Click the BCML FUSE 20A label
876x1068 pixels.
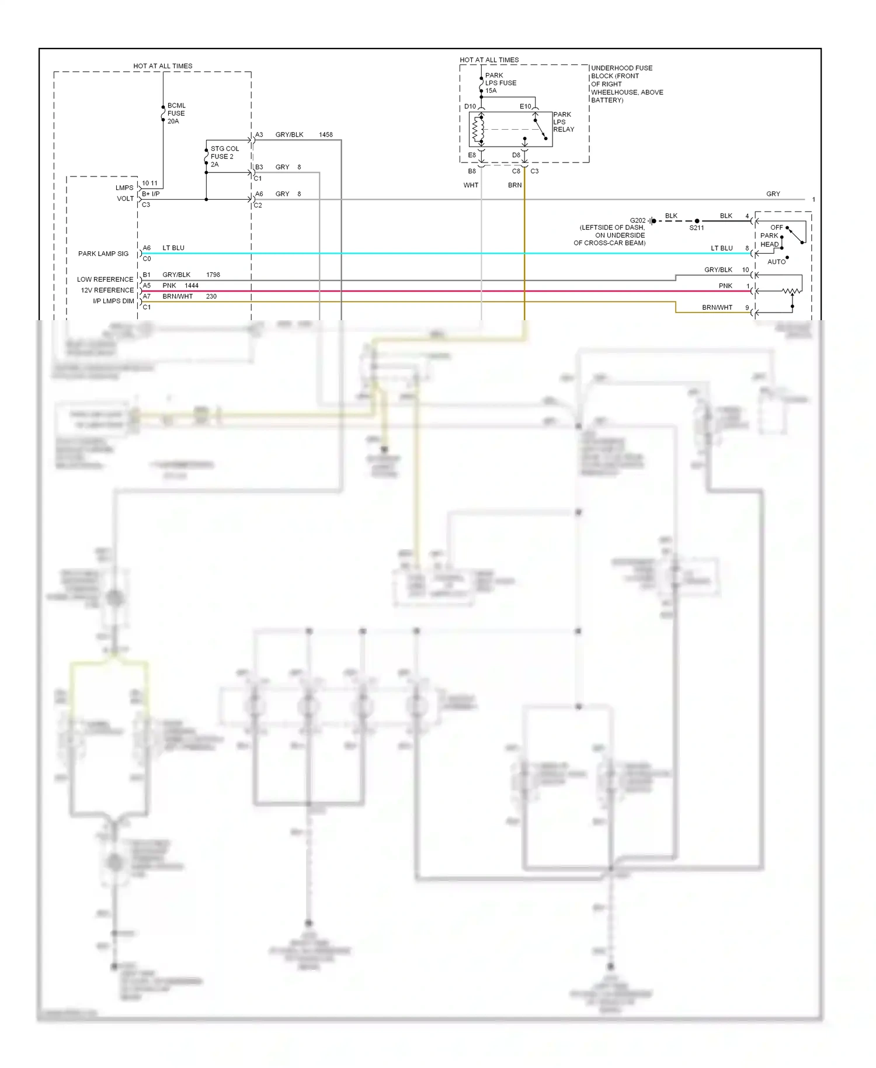point(176,113)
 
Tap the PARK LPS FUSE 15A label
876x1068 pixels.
point(500,83)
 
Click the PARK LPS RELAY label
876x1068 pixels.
point(563,122)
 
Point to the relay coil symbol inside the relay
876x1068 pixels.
point(478,129)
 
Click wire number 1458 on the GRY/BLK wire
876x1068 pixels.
point(325,135)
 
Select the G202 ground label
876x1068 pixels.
point(638,221)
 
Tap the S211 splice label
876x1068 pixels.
point(696,228)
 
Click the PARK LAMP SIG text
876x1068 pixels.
point(103,254)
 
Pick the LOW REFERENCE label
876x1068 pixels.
point(105,279)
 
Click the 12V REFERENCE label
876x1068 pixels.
point(107,290)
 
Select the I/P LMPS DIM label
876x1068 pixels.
point(113,301)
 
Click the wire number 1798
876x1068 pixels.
point(213,275)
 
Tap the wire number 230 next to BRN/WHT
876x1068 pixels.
point(211,297)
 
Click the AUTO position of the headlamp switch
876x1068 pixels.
point(776,262)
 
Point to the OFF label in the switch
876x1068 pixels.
point(776,227)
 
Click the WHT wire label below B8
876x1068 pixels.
point(471,185)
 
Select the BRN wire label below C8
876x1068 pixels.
point(515,185)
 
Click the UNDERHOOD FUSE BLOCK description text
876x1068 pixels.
point(627,84)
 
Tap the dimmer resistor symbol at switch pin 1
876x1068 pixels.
point(791,290)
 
